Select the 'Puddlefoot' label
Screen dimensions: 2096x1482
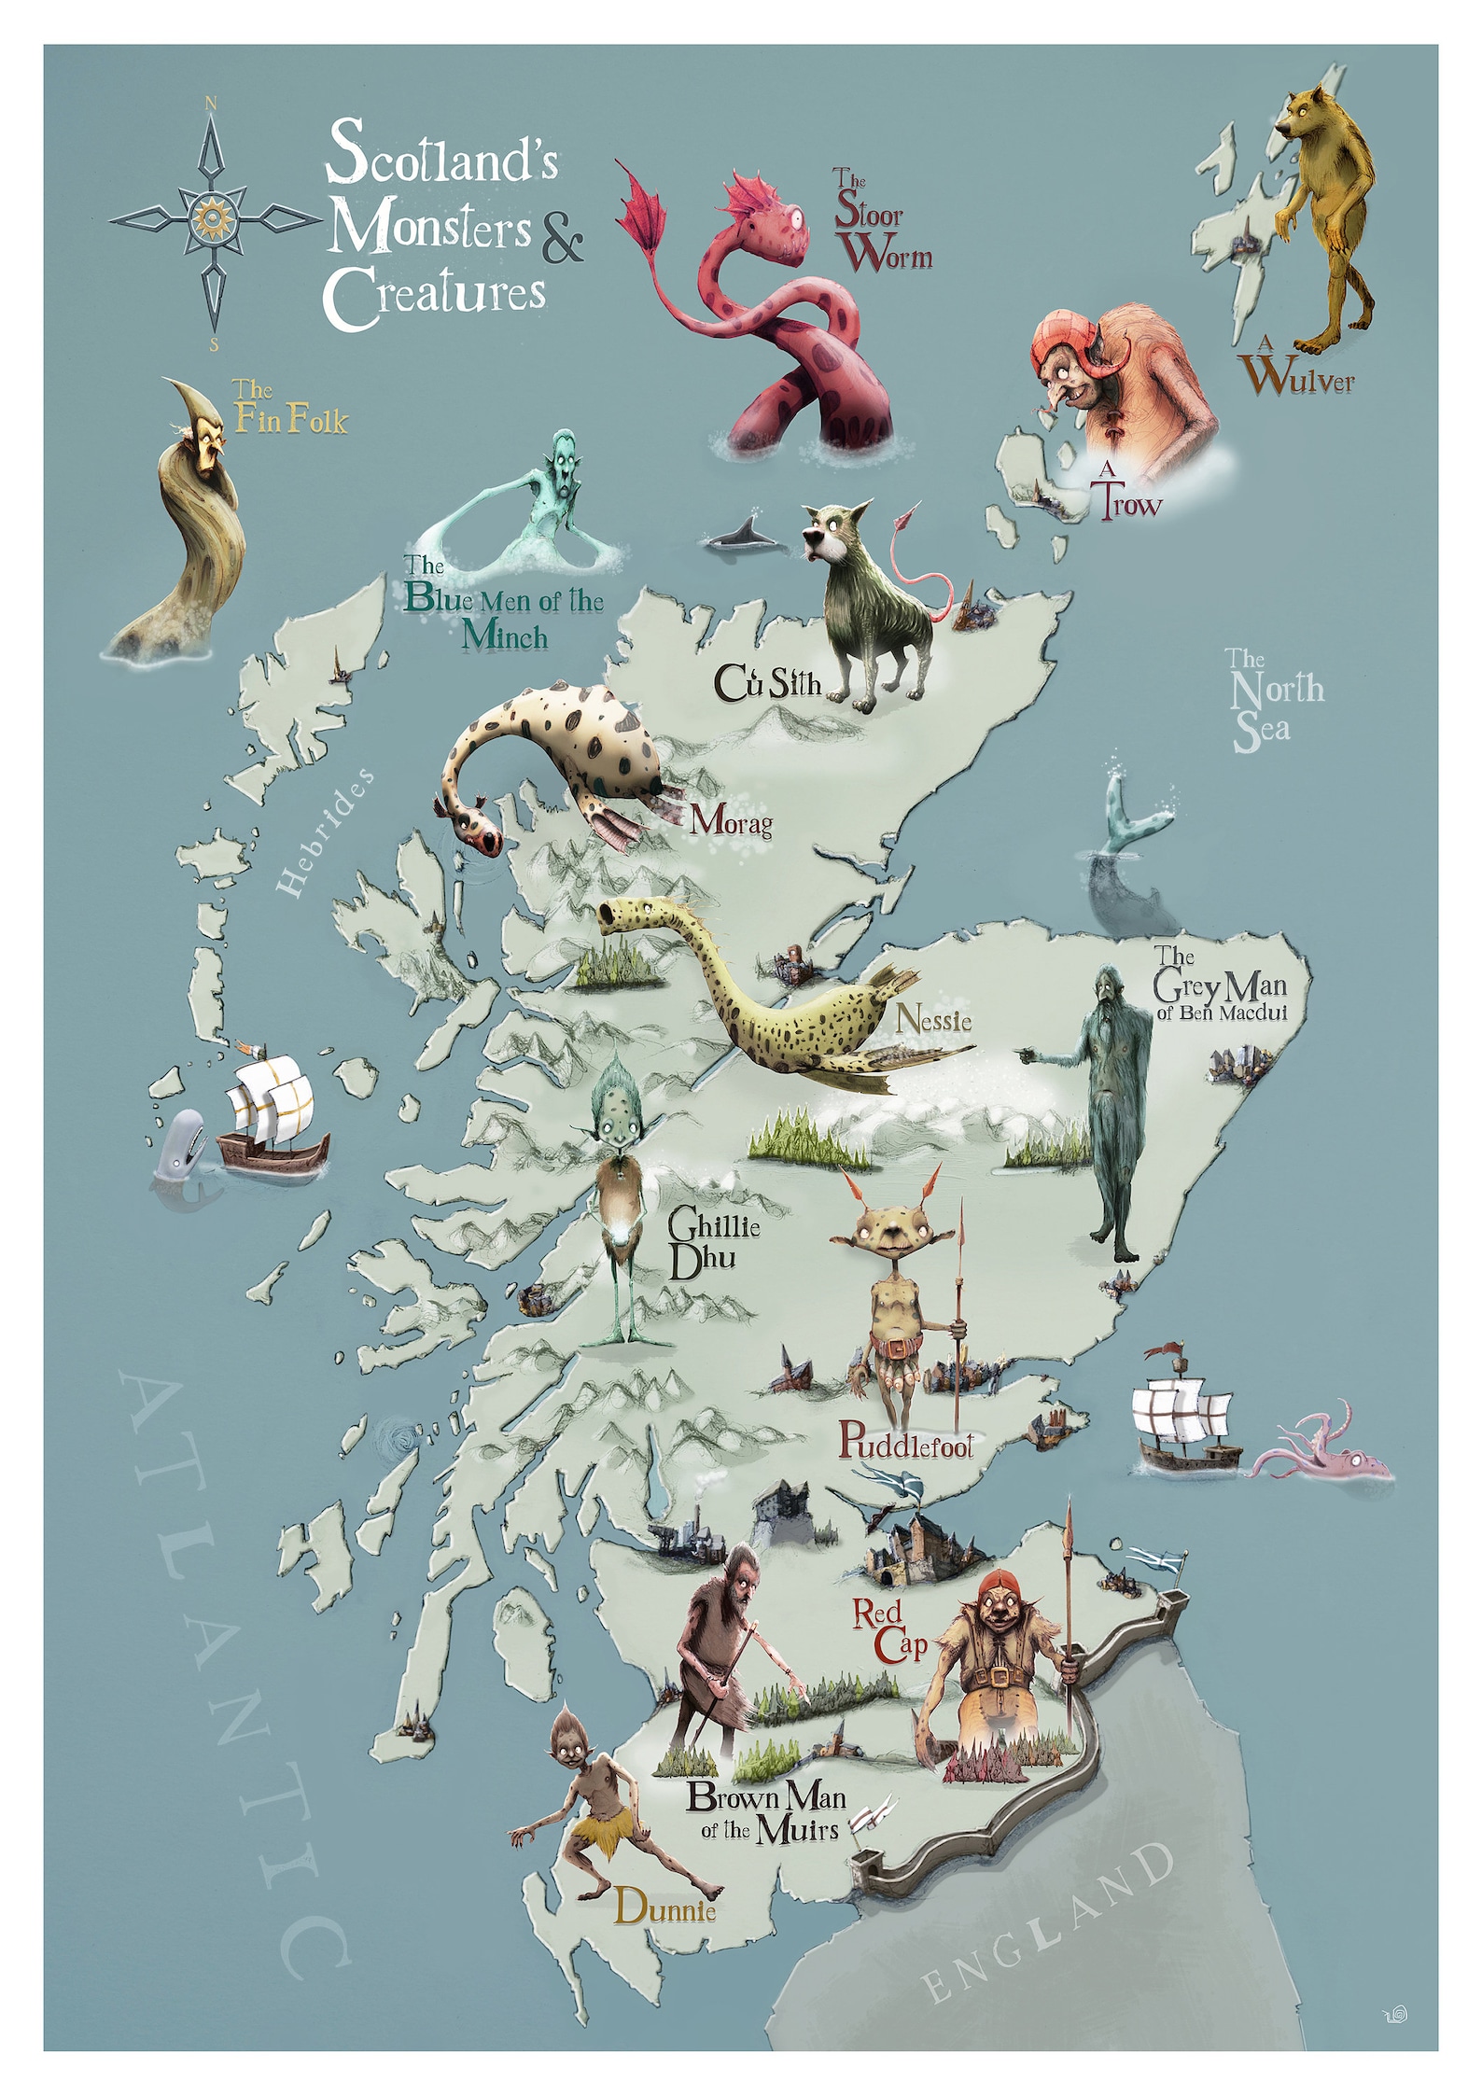pyautogui.click(x=905, y=1442)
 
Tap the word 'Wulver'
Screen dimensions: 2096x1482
pyautogui.click(x=1300, y=378)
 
